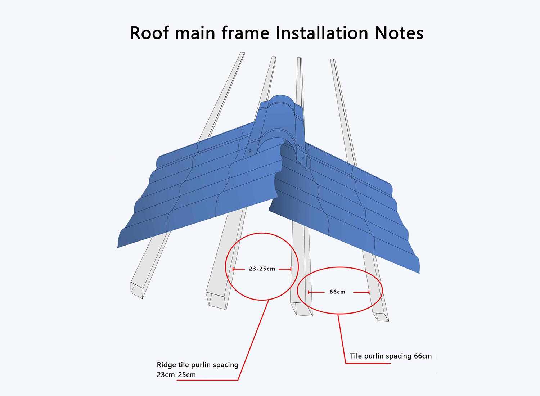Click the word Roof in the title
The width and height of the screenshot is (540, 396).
coord(149,33)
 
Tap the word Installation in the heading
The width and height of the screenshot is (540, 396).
coord(322,33)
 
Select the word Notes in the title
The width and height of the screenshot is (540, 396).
coord(399,33)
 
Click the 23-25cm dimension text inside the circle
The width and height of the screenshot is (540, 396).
coord(262,269)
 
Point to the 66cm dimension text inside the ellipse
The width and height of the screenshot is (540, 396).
coord(337,292)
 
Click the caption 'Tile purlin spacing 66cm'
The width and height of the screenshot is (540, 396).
coord(391,356)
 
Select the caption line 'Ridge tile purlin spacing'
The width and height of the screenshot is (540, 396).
coord(198,365)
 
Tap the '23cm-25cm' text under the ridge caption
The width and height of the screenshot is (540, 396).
coord(176,375)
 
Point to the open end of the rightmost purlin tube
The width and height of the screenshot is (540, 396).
coord(381,317)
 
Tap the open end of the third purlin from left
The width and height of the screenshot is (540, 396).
coord(301,309)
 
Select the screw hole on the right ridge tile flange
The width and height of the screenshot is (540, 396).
coord(302,158)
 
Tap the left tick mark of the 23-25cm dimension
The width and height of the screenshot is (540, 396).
coord(234,269)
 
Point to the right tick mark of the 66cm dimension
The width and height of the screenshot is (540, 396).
coord(369,292)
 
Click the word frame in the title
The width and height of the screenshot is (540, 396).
coord(245,33)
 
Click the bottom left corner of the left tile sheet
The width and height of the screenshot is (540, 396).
coord(118,248)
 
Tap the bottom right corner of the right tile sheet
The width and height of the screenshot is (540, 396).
coord(419,273)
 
